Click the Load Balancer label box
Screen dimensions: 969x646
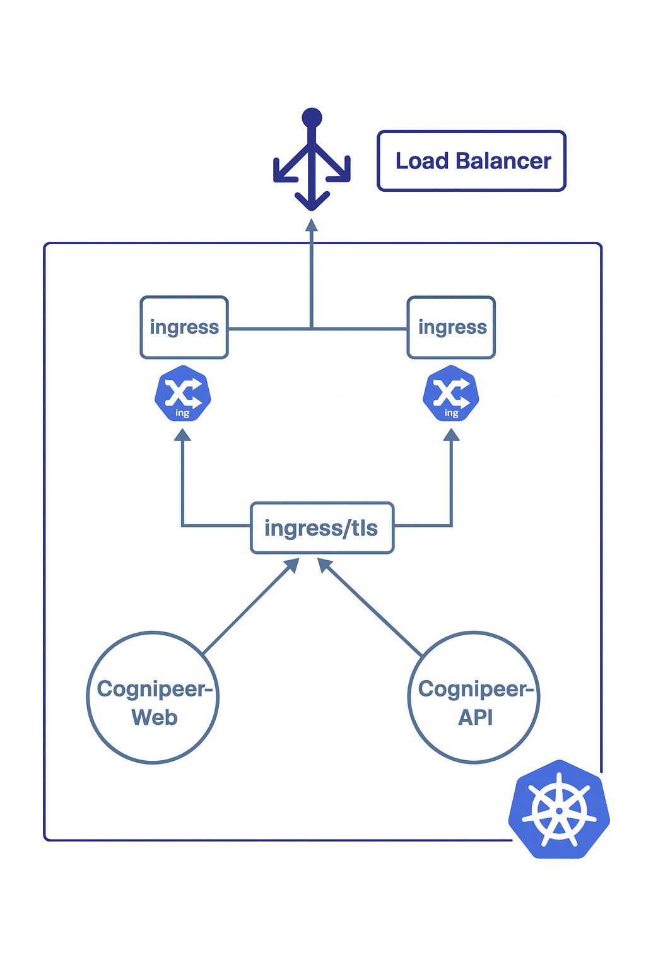coord(471,161)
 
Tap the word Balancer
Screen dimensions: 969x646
coord(503,161)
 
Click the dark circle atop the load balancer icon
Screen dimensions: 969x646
coord(312,118)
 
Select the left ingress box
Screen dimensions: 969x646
coord(184,327)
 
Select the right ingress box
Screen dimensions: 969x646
coord(452,327)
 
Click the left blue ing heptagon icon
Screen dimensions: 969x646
coord(183,394)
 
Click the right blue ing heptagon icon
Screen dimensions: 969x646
coord(451,394)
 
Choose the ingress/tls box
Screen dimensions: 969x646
coord(322,528)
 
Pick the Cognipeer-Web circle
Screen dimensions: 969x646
coord(153,698)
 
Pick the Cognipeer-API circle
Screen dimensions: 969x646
coord(474,698)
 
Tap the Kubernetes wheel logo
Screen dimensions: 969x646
coord(559,809)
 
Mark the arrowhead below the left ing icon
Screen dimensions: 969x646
coord(182,435)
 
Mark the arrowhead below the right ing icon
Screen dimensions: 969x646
coord(451,435)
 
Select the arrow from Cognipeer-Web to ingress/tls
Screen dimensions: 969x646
coord(251,606)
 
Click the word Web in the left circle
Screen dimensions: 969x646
coord(155,717)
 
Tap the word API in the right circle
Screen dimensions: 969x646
coord(475,717)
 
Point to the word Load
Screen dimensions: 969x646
coord(422,161)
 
